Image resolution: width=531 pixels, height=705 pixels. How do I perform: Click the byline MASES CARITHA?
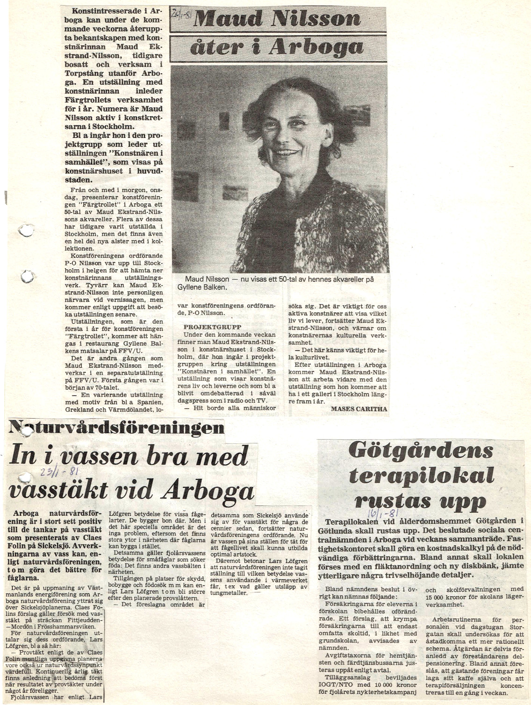tap(359, 408)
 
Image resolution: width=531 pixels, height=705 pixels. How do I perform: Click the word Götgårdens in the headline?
tap(420, 450)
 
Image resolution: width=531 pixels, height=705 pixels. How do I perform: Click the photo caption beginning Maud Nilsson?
tap(279, 283)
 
